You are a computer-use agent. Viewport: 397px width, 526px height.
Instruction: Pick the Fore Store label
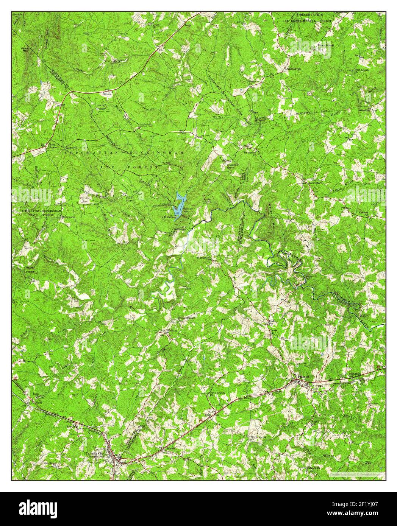click(126, 198)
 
